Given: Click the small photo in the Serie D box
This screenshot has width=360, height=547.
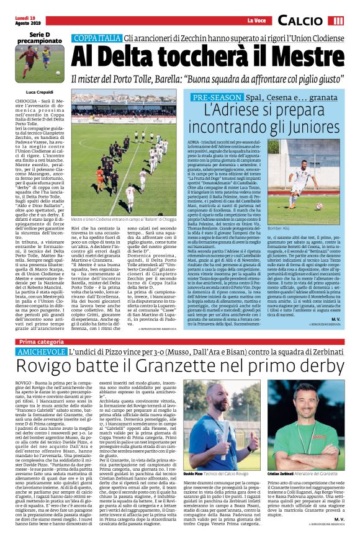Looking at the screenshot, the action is (x=32, y=61).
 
